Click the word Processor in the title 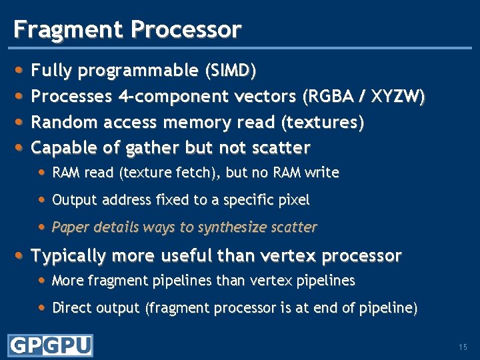pyautogui.click(x=186, y=29)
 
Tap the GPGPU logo pyautogui.click(x=50, y=345)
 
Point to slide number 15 pyautogui.click(x=463, y=347)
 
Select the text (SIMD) pyautogui.click(x=231, y=70)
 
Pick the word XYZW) pyautogui.click(x=399, y=97)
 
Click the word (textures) pyautogui.click(x=323, y=123)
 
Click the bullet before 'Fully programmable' pyautogui.click(x=20, y=69)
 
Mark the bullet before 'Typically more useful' pyautogui.click(x=20, y=255)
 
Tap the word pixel pyautogui.click(x=294, y=200)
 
